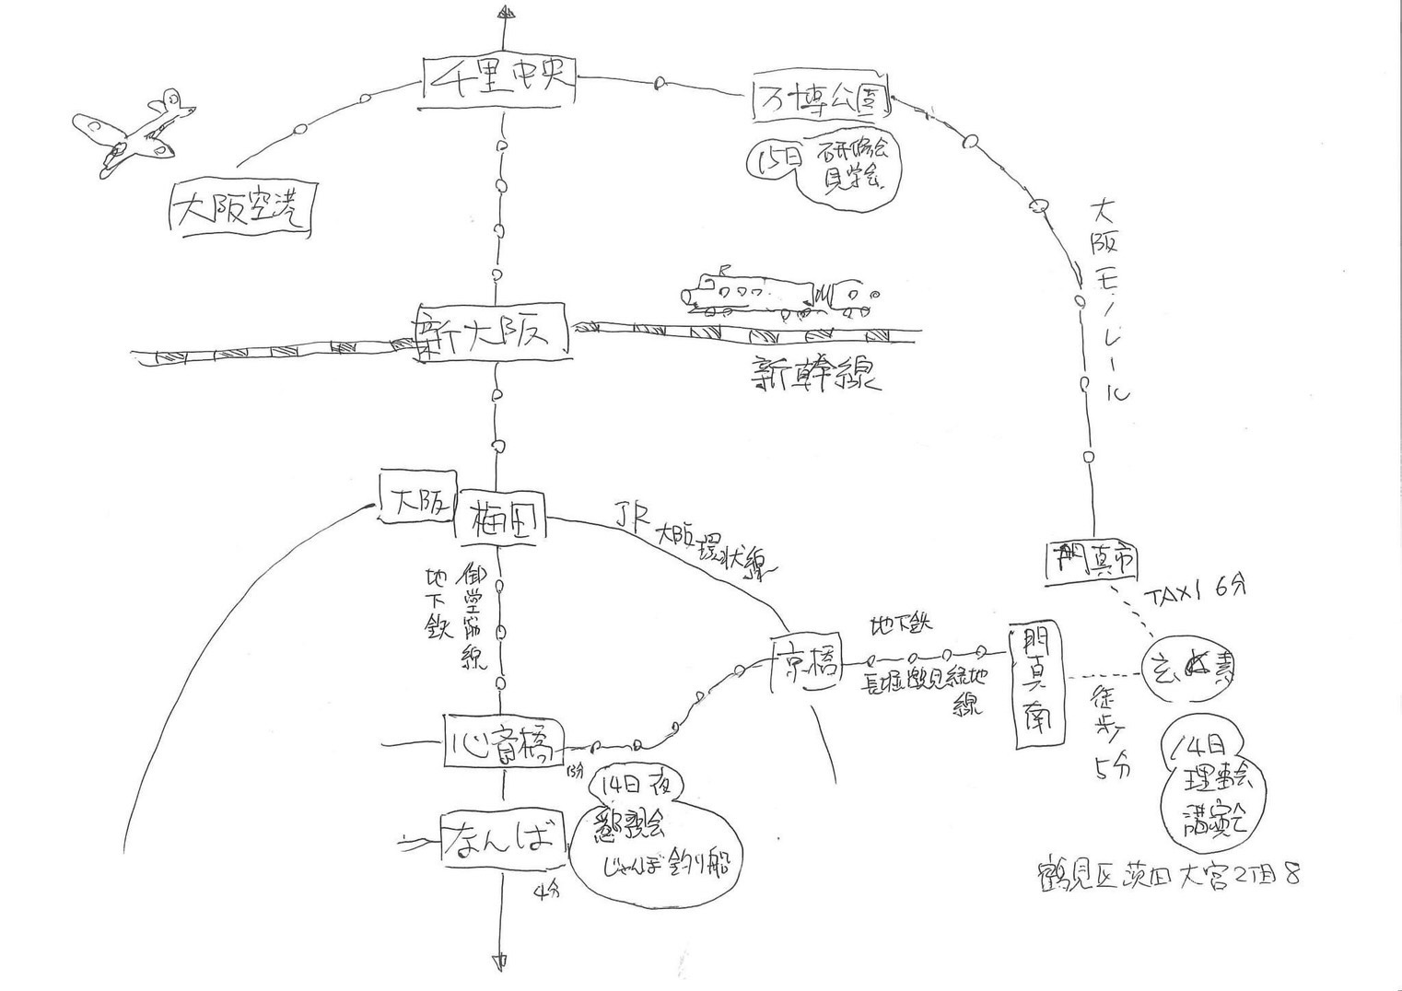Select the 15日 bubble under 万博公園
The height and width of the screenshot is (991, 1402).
click(824, 169)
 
